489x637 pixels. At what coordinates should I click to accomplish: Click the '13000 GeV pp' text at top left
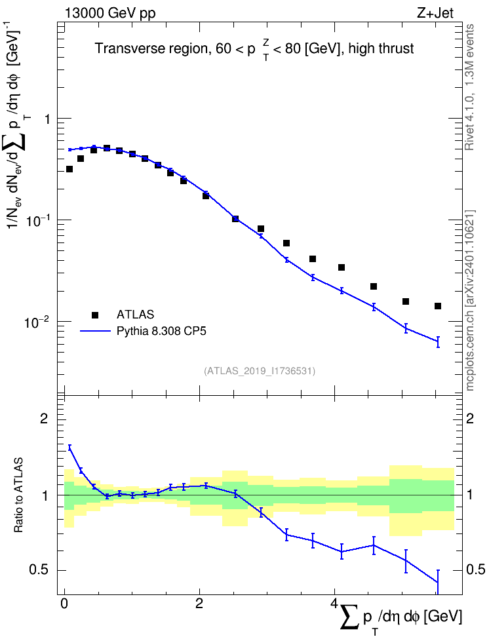pos(109,13)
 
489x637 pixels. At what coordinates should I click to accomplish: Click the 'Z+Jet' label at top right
pos(435,13)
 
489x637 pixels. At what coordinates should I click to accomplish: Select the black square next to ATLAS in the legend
pos(95,315)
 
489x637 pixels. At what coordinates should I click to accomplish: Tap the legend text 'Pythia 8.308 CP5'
pos(161,331)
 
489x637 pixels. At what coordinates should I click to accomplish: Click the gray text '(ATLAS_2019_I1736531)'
pos(260,370)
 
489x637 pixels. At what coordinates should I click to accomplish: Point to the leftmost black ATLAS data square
pos(69,169)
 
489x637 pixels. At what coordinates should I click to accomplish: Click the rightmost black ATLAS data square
pos(438,306)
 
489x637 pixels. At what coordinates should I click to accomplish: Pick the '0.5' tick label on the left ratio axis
pos(40,569)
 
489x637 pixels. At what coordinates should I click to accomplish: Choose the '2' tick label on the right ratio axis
pos(470,418)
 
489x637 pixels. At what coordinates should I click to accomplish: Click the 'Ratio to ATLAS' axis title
pos(18,495)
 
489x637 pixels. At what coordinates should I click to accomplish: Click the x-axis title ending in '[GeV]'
pos(401,617)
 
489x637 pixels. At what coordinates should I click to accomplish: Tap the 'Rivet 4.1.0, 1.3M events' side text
pos(469,87)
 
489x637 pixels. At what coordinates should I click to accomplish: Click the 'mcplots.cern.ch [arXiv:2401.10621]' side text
pos(470,300)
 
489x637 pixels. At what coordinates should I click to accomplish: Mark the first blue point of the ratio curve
pos(69,448)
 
